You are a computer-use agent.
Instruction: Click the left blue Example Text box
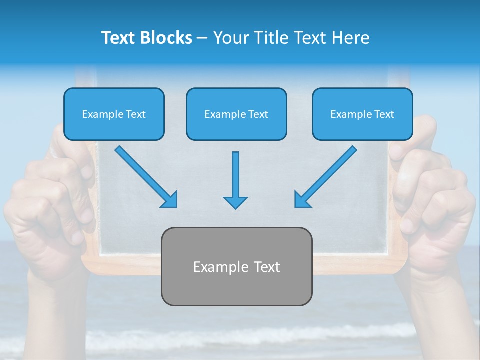(114, 114)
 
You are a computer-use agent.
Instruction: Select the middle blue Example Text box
(236, 114)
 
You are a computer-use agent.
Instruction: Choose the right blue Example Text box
(362, 114)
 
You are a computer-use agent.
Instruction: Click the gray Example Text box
(236, 266)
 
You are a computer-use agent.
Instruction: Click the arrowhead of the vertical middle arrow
(235, 202)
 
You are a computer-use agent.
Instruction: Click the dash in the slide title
(202, 38)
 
